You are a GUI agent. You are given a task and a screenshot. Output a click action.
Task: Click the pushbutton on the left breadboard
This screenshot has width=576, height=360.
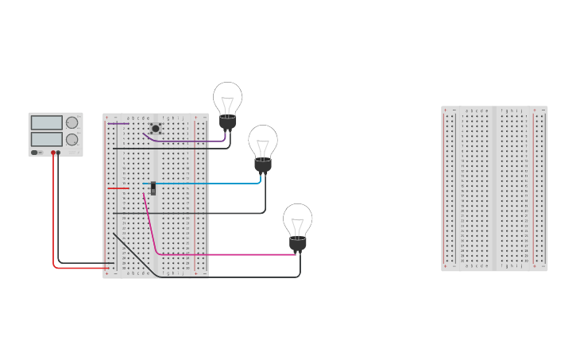pyautogui.click(x=156, y=128)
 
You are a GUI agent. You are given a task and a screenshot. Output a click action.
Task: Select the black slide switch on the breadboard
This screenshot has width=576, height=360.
pyautogui.click(x=153, y=188)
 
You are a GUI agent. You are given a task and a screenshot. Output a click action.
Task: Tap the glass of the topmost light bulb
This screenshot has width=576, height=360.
pyautogui.click(x=227, y=99)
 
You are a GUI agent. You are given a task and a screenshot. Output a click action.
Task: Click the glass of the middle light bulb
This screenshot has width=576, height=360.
pyautogui.click(x=263, y=141)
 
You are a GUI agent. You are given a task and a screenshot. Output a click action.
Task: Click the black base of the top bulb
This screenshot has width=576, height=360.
pyautogui.click(x=228, y=122)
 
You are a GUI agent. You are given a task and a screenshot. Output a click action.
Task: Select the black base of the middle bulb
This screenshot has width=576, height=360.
pyautogui.click(x=263, y=165)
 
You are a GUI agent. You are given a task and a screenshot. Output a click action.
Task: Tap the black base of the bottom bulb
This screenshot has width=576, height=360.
pyautogui.click(x=298, y=243)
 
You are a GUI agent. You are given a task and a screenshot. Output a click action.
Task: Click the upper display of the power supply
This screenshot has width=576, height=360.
pyautogui.click(x=46, y=122)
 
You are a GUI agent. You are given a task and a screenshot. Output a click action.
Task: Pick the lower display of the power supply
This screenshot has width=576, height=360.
pyautogui.click(x=46, y=139)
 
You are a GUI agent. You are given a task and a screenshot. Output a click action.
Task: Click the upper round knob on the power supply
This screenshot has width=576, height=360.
pyautogui.click(x=72, y=122)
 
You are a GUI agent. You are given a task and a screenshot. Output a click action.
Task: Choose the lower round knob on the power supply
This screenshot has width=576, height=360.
pyautogui.click(x=72, y=139)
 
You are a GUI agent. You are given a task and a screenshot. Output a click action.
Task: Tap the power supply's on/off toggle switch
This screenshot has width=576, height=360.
pyautogui.click(x=35, y=152)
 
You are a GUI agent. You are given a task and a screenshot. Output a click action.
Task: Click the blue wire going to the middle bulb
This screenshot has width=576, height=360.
pyautogui.click(x=207, y=184)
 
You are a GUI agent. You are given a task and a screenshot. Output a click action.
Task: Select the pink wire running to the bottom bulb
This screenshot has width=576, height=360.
pyautogui.click(x=230, y=254)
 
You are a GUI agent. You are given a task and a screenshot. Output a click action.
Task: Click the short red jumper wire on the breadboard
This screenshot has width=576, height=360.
pyautogui.click(x=118, y=188)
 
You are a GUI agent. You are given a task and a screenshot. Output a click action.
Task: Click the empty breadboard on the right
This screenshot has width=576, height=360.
pyautogui.click(x=494, y=188)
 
